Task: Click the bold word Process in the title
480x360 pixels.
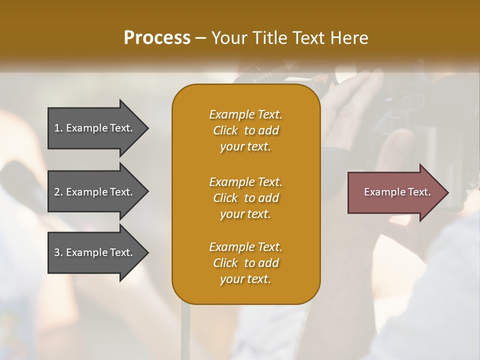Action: point(157,38)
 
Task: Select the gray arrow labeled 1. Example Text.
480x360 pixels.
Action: point(95,128)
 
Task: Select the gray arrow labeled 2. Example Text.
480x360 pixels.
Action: point(95,192)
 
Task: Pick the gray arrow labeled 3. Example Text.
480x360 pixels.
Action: point(95,252)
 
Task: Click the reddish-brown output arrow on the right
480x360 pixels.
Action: point(395,192)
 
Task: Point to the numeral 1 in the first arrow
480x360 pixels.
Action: point(56,128)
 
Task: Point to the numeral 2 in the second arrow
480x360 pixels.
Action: point(57,192)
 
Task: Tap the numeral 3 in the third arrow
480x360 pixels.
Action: point(57,252)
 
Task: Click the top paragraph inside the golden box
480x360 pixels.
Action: point(245,130)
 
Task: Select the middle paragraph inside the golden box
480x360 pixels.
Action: point(245,197)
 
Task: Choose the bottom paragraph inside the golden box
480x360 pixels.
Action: point(245,263)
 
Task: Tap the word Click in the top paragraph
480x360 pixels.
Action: point(225,130)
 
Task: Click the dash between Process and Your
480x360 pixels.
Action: point(200,38)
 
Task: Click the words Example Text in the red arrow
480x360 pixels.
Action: point(397,192)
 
